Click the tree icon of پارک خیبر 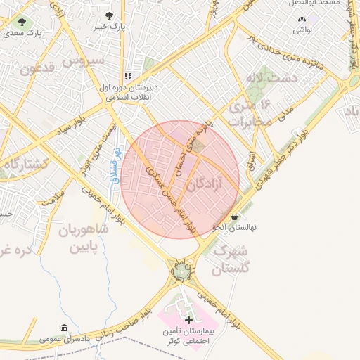tap(108, 15)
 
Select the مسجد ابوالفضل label tap(322, 4)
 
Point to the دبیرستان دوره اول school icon tap(128, 76)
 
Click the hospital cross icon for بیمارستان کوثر tap(188, 320)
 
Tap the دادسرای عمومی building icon tap(65, 328)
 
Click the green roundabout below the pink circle tap(181, 270)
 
